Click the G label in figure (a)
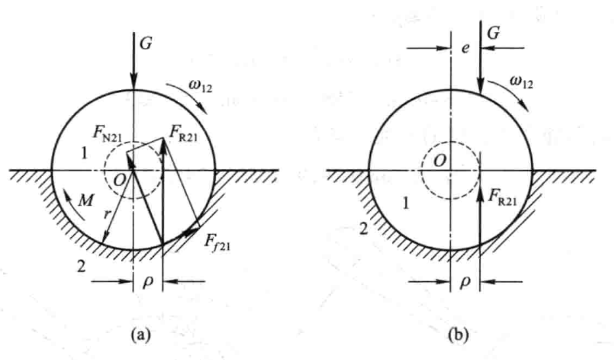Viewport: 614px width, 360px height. click(x=146, y=43)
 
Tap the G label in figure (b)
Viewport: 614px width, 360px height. click(x=494, y=33)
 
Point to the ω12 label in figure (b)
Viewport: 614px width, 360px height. click(x=521, y=81)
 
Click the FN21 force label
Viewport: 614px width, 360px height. click(x=107, y=133)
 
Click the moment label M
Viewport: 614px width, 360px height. click(x=85, y=200)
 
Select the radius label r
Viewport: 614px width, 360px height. click(x=106, y=214)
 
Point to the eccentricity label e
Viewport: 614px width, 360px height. click(x=465, y=48)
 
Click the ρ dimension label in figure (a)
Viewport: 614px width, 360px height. click(x=148, y=281)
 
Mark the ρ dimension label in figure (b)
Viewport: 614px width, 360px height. click(x=465, y=281)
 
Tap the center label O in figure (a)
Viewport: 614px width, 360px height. click(x=120, y=180)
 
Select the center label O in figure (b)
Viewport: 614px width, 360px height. click(x=440, y=160)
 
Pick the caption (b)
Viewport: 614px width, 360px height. click(x=459, y=335)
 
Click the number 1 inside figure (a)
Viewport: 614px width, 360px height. click(x=83, y=154)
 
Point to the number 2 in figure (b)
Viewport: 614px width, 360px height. click(x=364, y=229)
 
